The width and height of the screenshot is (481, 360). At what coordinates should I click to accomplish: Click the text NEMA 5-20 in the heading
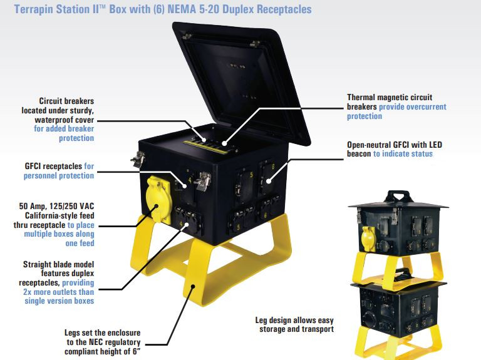[194, 9]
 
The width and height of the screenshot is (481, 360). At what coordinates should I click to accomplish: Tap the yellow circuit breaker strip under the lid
[205, 147]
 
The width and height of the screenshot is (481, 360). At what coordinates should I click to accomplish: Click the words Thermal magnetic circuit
[390, 97]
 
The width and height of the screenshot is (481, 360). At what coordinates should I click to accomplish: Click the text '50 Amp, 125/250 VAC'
[56, 206]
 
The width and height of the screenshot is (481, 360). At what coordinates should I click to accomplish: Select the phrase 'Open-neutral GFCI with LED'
[395, 145]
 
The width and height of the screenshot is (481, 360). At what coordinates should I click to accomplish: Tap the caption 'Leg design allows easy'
[294, 321]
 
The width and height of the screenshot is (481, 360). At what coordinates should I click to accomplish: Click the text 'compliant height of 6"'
[103, 351]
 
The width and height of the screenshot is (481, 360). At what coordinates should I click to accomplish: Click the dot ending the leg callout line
[193, 286]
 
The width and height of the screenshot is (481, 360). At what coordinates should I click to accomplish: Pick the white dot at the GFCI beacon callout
[269, 181]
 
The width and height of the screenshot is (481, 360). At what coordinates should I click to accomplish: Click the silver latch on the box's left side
[138, 159]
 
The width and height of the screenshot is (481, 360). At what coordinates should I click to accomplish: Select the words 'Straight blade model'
[59, 264]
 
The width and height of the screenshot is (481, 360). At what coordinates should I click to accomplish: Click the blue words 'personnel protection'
[59, 176]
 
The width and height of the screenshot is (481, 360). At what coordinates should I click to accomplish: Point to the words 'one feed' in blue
[80, 243]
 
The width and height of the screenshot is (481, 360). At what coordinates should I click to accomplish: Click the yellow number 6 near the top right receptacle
[273, 167]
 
